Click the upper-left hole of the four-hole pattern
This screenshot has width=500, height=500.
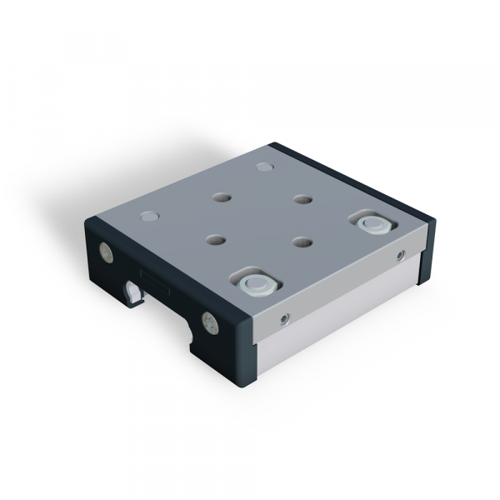point(222,198)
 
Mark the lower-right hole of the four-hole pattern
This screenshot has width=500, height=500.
point(302,242)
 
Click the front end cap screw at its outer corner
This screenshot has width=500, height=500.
point(105,250)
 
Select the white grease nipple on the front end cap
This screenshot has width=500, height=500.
point(133,292)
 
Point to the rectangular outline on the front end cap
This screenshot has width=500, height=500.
point(156,282)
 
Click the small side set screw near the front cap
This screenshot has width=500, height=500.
point(286,317)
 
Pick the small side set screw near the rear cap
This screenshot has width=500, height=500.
point(400,253)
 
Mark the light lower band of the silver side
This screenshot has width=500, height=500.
point(333,321)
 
